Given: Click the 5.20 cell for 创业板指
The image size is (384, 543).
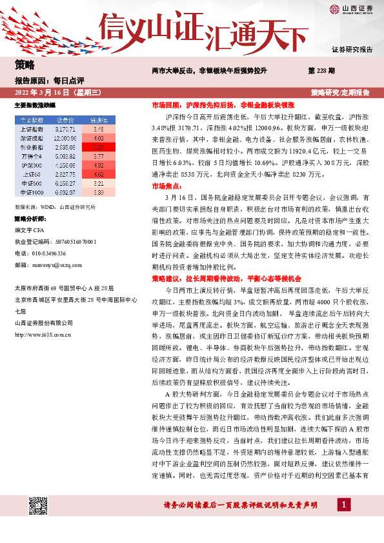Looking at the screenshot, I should (x=99, y=146).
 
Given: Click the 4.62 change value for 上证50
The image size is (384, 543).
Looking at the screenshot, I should (x=99, y=173).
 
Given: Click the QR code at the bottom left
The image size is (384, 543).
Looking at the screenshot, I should (x=37, y=506).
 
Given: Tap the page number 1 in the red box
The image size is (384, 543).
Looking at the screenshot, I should (x=345, y=504).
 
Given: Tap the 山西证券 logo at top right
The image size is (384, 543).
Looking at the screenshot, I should (x=352, y=8).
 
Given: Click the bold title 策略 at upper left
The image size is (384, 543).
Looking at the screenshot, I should (x=24, y=64).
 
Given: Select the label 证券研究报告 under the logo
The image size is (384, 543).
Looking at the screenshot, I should (x=352, y=49).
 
